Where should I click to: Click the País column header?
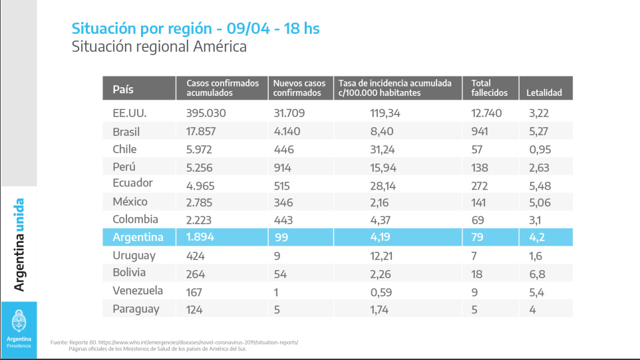[123, 89]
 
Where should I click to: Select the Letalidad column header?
[544, 92]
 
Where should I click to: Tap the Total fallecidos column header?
[490, 88]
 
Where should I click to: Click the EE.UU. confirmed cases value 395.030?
[206, 113]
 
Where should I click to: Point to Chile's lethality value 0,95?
[540, 149]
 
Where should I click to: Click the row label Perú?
[124, 167]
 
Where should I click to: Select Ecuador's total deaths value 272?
[480, 186]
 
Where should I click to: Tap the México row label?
[130, 202]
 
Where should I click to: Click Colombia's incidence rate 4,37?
[380, 220]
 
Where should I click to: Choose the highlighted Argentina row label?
[138, 237]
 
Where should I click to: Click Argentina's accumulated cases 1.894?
[200, 237]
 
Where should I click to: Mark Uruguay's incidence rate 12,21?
[381, 256]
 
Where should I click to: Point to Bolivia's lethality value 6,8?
[537, 274]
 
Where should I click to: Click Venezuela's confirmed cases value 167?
[194, 292]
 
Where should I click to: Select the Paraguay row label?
[136, 309]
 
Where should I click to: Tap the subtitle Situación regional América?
[159, 47]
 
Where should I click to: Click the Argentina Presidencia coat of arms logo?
[19, 321]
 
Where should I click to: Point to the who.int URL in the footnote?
[198, 343]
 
